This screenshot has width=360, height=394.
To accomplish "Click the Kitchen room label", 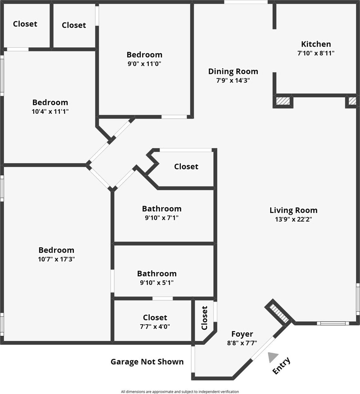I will point(316,44).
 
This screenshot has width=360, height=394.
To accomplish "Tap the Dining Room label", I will point(233,71).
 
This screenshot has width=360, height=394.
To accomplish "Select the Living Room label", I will point(293,210).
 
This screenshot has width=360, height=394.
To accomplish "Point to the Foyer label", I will point(242,334).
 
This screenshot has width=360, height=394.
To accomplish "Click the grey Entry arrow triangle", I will point(273,357).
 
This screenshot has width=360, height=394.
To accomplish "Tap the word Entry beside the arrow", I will point(281,366).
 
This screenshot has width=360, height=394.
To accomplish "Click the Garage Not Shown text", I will point(147,362).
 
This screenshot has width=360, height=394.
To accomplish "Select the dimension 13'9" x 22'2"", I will point(293,219).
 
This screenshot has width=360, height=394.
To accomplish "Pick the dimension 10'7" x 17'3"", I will point(56,259).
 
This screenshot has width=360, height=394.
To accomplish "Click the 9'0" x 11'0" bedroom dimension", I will point(144,64).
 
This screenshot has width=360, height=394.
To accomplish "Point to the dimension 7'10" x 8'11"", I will point(316,53).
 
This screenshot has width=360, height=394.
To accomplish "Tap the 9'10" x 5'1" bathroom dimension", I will point(157,282).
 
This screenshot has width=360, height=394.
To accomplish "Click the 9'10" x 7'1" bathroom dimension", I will point(162,218).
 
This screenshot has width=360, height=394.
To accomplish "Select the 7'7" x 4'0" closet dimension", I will point(155,326).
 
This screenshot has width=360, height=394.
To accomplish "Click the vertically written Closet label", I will point(204,318).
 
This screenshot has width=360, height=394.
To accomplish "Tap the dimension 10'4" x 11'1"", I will point(50,111).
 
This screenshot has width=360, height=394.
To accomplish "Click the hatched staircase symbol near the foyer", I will point(279,313).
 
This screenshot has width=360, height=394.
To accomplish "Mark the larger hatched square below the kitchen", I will point(283,101).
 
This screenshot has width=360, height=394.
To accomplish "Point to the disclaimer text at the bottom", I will point(180,391).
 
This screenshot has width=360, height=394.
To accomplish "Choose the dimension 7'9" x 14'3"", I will point(233,80).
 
